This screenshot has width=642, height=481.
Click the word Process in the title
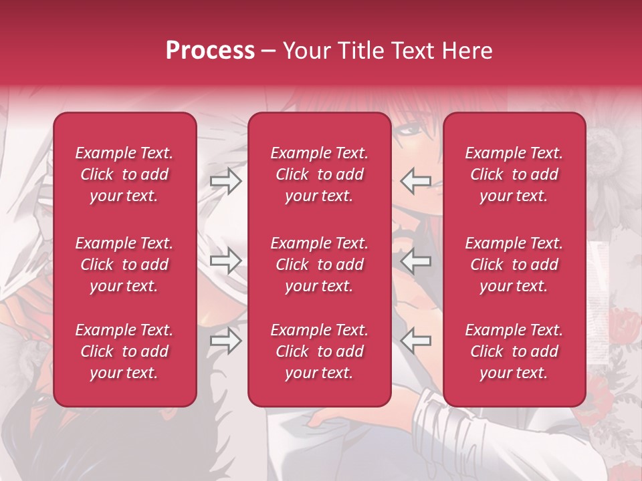tap(210, 50)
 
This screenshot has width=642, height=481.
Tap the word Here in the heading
tap(465, 50)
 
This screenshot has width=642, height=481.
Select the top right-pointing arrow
tap(225, 181)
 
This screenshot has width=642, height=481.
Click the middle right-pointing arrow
tap(225, 261)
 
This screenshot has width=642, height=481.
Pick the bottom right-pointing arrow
tap(225, 341)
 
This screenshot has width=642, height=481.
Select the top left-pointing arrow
tap(415, 181)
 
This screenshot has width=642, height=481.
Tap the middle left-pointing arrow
tap(415, 261)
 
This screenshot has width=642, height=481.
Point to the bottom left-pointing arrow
tap(415, 341)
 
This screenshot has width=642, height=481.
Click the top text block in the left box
tap(124, 174)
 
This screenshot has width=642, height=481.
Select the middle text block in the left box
tap(124, 265)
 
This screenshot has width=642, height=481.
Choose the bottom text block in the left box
tap(124, 351)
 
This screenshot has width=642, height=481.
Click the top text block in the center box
tap(319, 174)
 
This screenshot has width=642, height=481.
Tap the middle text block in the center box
tap(319, 265)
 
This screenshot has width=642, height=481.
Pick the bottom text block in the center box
tap(319, 351)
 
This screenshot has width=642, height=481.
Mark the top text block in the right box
tap(514, 174)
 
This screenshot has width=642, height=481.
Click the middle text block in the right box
tap(514, 265)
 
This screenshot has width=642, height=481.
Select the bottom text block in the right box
tap(514, 351)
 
